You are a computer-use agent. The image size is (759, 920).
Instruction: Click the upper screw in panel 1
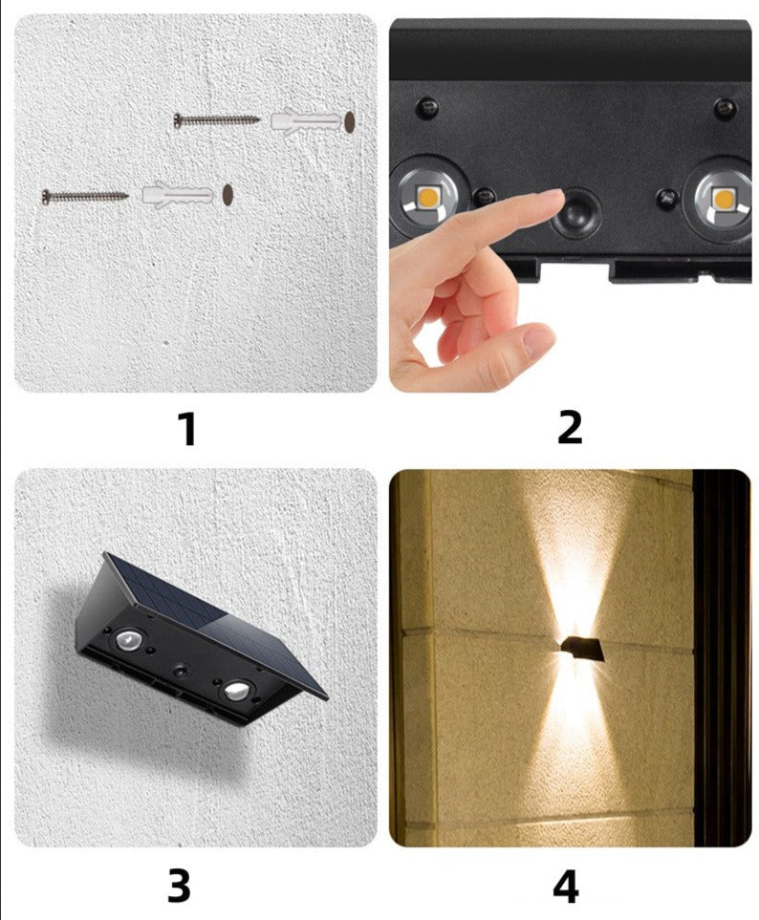click(216, 120)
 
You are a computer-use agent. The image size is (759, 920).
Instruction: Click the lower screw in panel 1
click(85, 196)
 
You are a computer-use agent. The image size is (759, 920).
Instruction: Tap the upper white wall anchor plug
click(306, 121)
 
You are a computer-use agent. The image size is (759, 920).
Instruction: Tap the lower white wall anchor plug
click(177, 195)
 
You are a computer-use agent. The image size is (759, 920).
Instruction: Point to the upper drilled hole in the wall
click(350, 121)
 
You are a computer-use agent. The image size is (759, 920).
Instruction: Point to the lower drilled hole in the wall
click(228, 194)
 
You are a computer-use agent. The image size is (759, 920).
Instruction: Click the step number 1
click(188, 429)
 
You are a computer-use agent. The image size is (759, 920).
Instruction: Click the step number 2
click(569, 428)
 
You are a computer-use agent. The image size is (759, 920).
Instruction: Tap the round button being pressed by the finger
click(575, 212)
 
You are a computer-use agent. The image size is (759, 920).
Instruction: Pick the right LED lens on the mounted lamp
click(235, 691)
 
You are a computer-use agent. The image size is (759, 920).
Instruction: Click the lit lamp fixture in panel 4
click(582, 649)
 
